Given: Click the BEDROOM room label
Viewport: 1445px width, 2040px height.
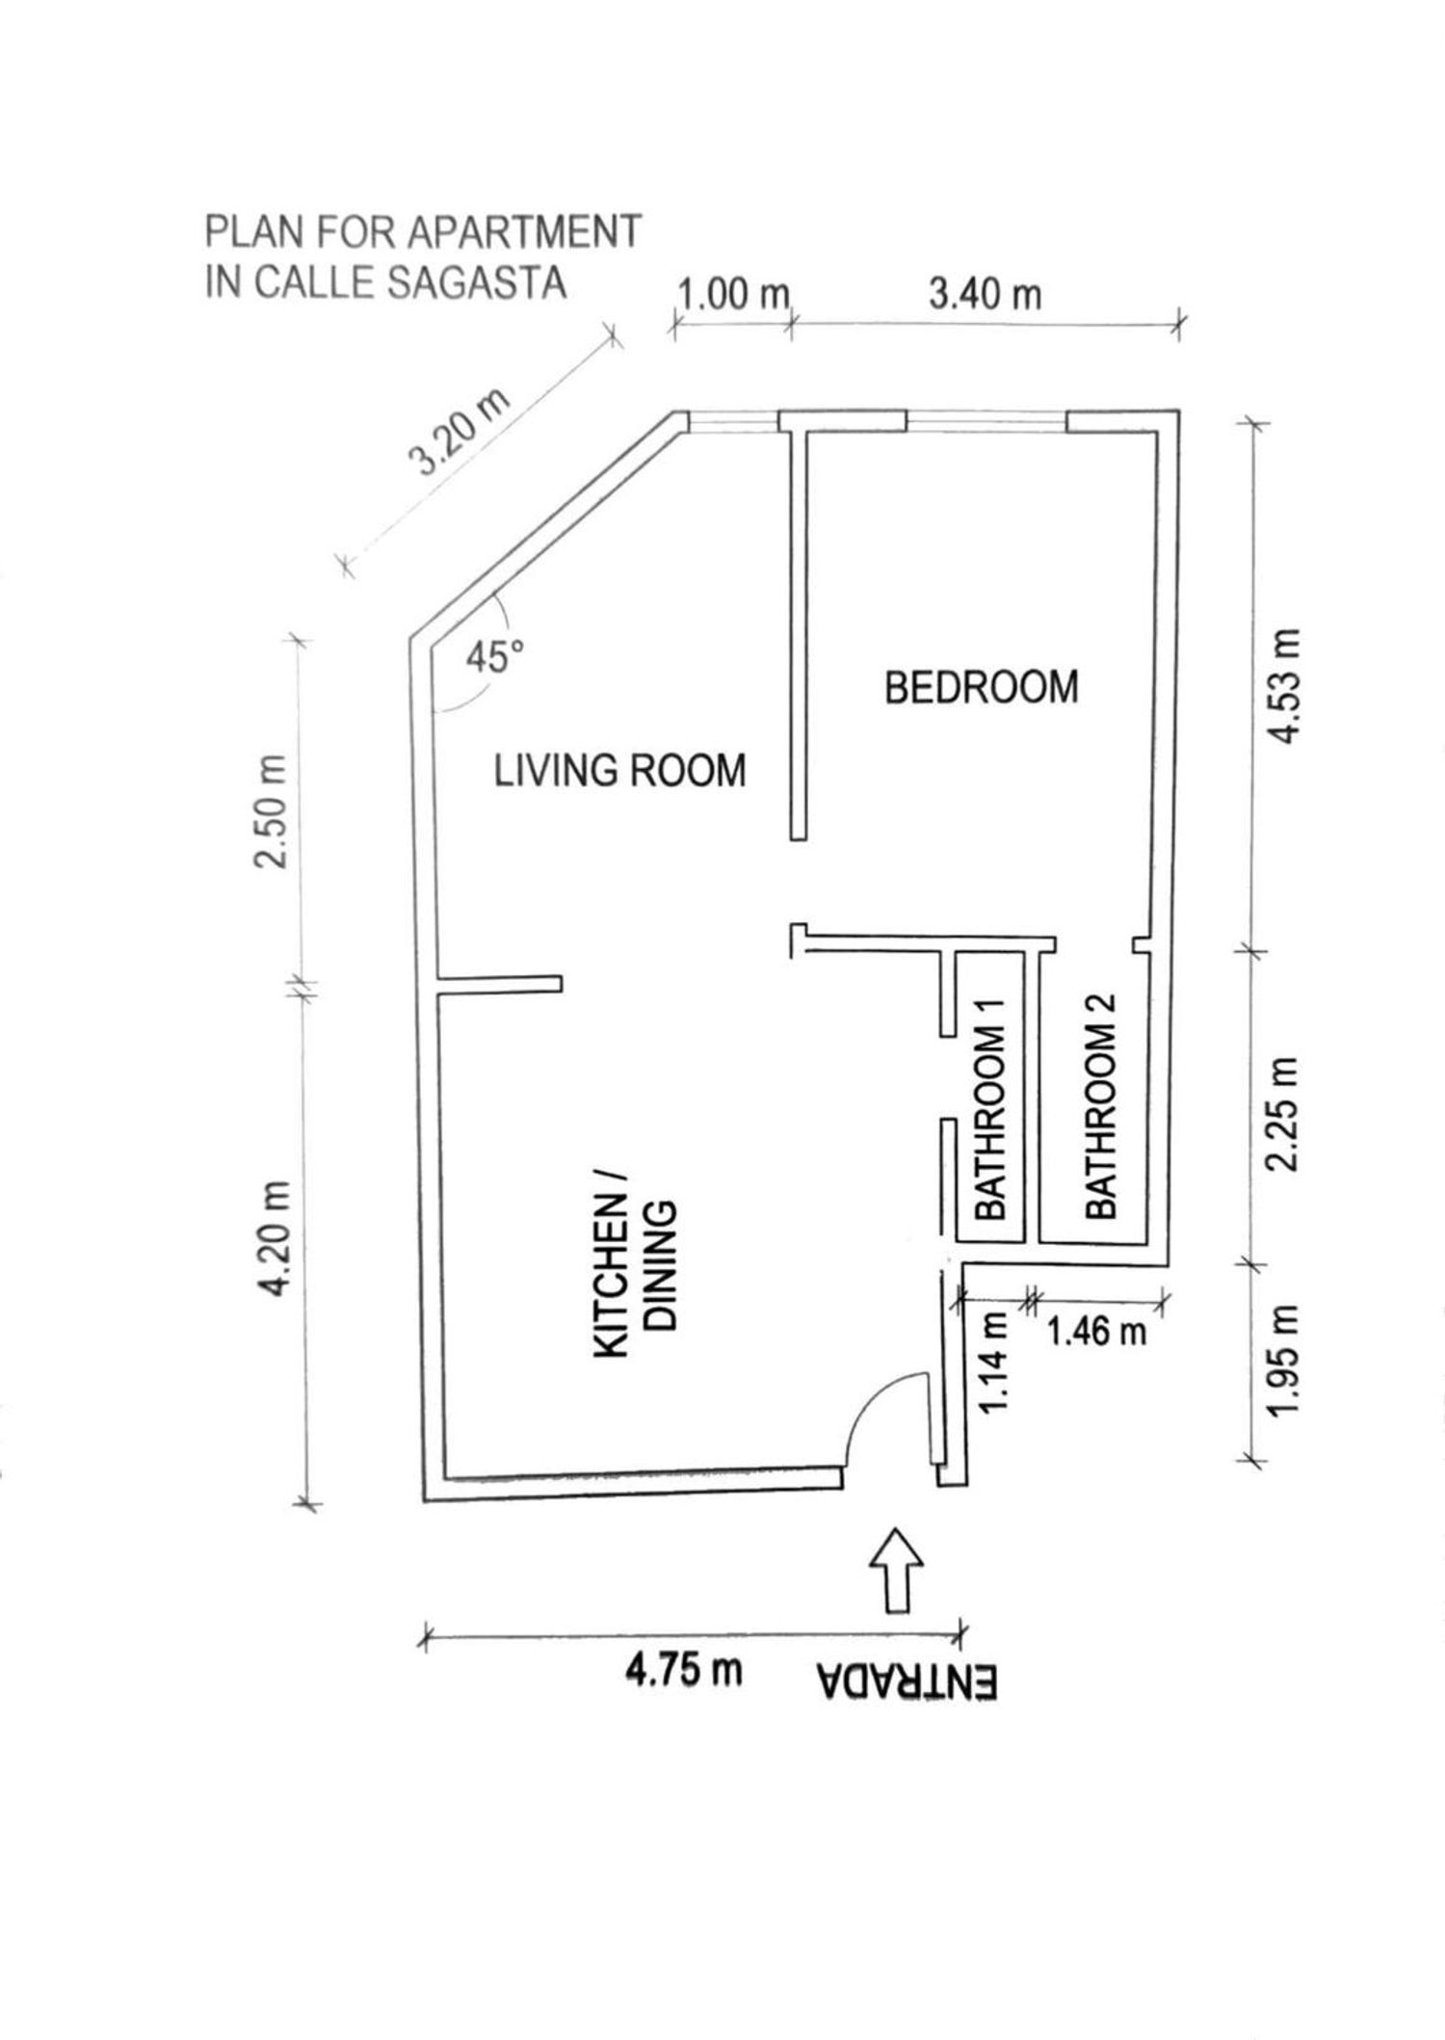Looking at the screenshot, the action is point(981,687).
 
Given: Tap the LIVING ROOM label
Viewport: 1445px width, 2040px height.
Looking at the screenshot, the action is point(619,771).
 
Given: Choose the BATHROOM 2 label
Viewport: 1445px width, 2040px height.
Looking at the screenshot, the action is point(1099,1107).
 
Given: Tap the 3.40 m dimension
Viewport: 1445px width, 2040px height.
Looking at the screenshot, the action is point(985,294).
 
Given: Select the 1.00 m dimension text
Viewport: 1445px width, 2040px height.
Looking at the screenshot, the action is point(734,294).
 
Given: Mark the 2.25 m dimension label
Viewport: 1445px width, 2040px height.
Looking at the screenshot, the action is point(1285,1115).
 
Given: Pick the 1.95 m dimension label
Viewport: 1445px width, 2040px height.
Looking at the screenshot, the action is point(1285,1362).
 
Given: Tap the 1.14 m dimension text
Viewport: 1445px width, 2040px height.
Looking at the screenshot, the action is point(996,1362).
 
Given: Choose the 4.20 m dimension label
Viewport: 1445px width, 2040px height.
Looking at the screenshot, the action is point(276,1240).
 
